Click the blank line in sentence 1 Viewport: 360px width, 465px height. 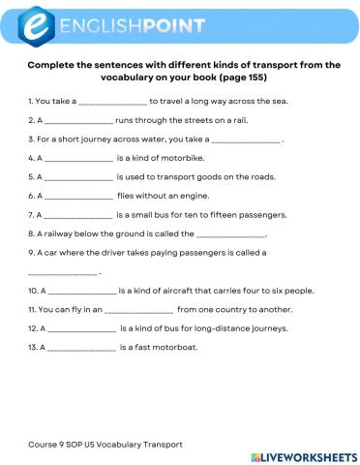point(112,102)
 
